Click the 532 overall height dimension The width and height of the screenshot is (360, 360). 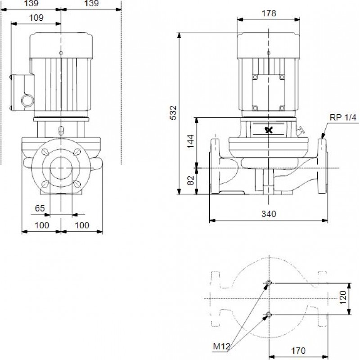click(173, 112)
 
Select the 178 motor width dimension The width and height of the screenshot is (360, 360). click(269, 13)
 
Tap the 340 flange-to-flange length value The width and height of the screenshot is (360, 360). click(269, 214)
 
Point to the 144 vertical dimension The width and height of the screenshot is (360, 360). click(190, 141)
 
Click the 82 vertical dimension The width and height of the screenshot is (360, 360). click(190, 180)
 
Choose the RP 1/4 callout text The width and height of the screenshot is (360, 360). click(343, 117)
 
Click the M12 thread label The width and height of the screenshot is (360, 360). click(221, 346)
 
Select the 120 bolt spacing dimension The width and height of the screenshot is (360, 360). click(343, 297)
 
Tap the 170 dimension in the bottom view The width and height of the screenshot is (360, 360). click(298, 351)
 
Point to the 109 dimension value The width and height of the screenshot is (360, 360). click(36, 18)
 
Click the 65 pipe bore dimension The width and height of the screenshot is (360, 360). click(40, 208)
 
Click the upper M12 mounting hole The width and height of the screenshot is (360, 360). click(269, 283)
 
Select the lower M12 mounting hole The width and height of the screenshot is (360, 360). click(269, 315)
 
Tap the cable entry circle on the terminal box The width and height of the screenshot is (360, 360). click(28, 100)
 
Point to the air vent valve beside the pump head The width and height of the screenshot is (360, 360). click(300, 131)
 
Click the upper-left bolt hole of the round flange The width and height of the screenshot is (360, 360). click(45, 152)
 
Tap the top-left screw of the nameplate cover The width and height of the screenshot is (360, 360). click(255, 77)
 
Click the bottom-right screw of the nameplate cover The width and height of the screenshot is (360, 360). click(282, 108)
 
